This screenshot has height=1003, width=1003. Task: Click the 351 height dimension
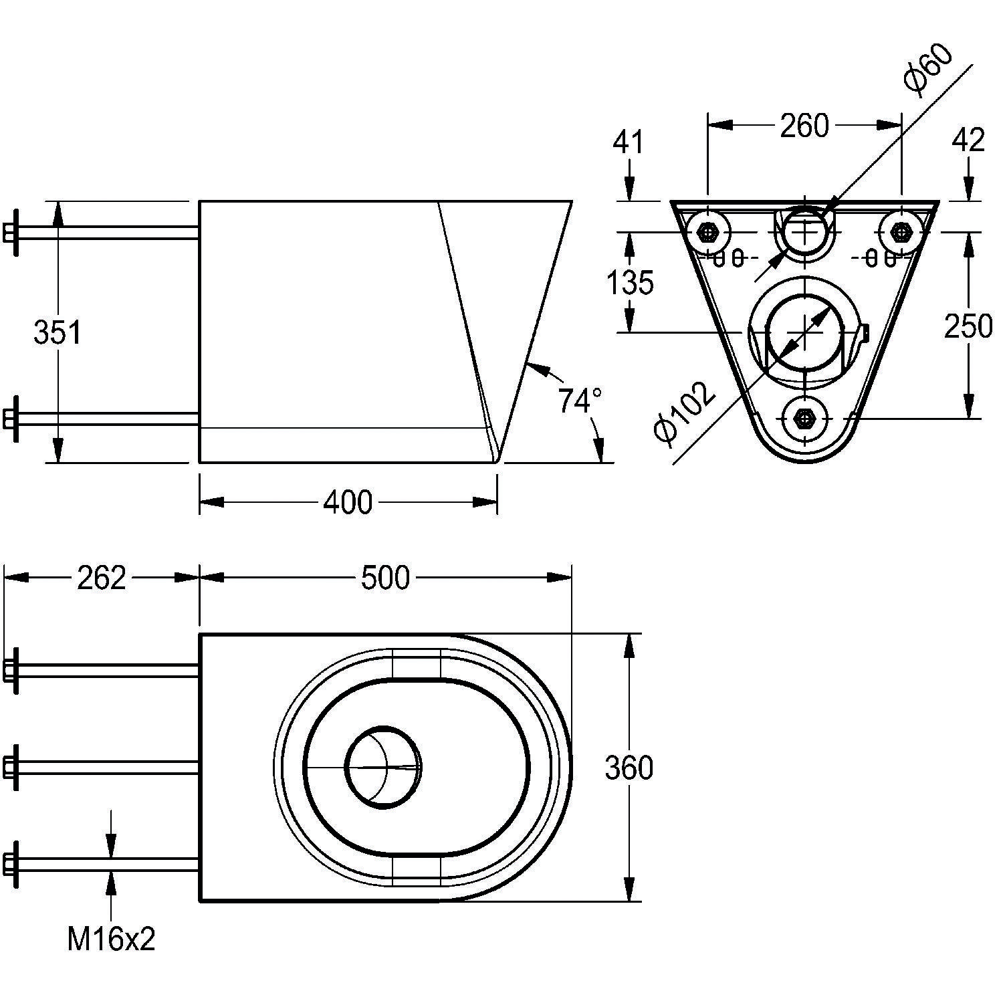tap(58, 332)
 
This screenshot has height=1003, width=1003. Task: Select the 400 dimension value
tap(348, 502)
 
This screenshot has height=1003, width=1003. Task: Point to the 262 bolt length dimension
tap(102, 578)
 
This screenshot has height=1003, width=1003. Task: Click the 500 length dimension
tap(385, 578)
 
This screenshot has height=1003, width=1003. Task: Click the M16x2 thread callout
tap(111, 939)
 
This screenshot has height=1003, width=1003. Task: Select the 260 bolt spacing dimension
tap(804, 126)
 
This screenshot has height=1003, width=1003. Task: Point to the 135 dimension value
tap(630, 283)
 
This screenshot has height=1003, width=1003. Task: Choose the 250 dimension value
tap(968, 326)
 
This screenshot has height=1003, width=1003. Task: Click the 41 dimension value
tap(629, 142)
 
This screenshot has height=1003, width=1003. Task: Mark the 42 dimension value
tap(968, 140)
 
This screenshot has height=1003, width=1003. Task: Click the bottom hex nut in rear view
tap(804, 419)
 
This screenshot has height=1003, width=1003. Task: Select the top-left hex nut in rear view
tap(707, 233)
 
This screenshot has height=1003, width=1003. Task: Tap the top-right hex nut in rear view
tap(901, 233)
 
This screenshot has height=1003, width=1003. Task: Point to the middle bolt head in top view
tap(11, 767)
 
